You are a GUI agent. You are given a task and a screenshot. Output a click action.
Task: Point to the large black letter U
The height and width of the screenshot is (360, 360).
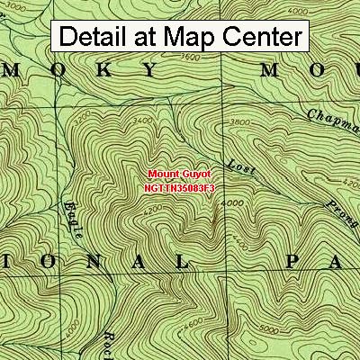click(339, 70)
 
